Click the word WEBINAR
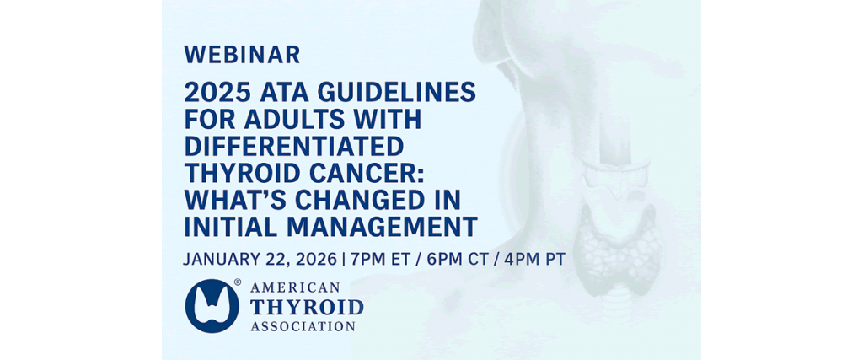242,55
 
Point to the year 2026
314,260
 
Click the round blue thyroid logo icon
212,306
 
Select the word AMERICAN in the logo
295,287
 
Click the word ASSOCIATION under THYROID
303,326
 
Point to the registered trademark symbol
238,282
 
